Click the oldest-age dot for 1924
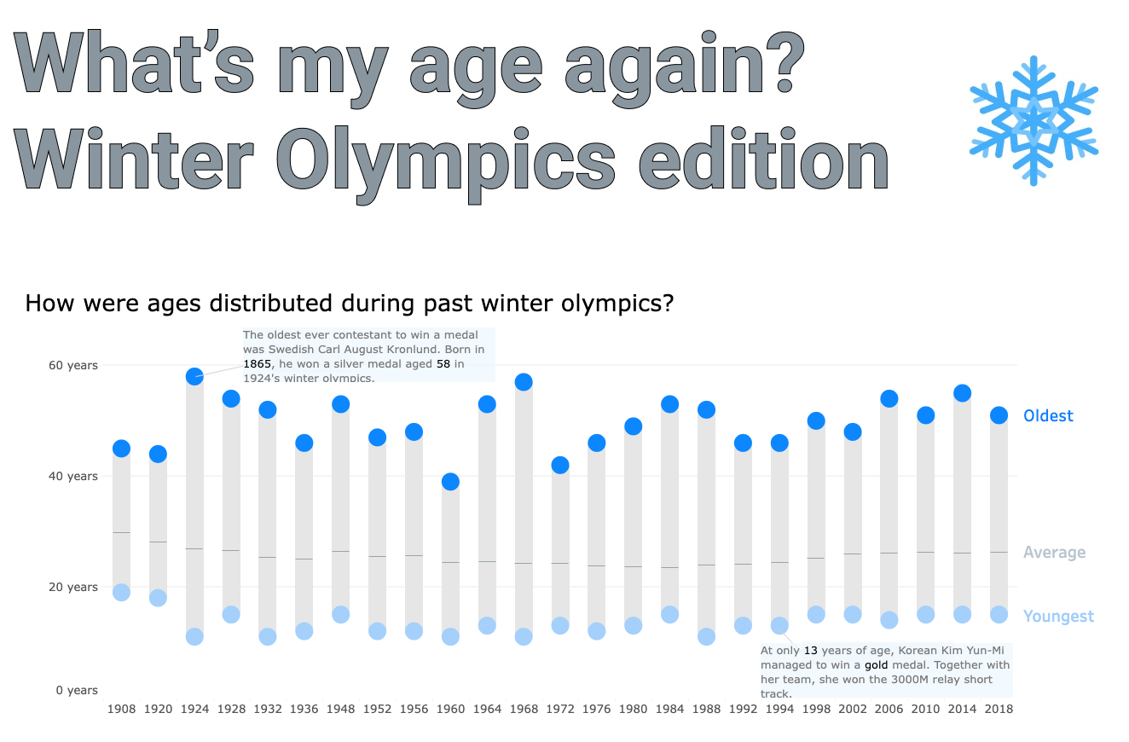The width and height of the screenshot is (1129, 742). (x=194, y=376)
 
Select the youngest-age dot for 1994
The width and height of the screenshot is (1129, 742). (x=779, y=625)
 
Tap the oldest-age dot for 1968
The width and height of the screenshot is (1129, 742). (x=524, y=381)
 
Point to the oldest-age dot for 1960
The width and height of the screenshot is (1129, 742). (x=450, y=482)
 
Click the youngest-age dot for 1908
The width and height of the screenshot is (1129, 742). (x=121, y=592)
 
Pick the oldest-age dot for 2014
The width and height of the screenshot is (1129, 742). (x=962, y=392)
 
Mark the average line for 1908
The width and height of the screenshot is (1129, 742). (x=121, y=532)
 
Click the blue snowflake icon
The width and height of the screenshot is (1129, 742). (x=1033, y=120)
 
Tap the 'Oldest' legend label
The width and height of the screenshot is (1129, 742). (x=1048, y=415)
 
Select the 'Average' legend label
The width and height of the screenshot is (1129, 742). (x=1054, y=552)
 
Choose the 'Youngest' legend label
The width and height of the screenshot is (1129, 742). (x=1058, y=616)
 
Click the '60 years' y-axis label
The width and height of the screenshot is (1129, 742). (x=72, y=365)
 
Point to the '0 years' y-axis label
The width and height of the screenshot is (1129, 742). (x=77, y=690)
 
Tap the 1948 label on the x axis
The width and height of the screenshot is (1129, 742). (x=341, y=709)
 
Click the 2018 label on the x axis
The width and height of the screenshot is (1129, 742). (x=999, y=709)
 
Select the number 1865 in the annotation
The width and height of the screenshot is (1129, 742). (x=257, y=363)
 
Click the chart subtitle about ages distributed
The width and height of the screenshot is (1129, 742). (x=350, y=303)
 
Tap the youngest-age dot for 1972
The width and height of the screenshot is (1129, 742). (x=560, y=625)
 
